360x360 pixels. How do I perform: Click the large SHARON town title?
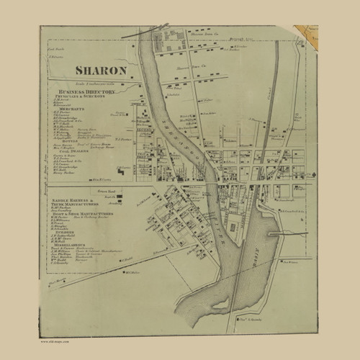(101, 70)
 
